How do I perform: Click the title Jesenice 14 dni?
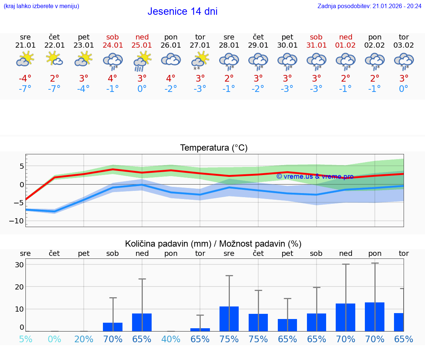pyautogui.click(x=182, y=11)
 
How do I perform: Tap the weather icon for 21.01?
pyautogui.click(x=25, y=59)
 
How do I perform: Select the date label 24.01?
pyautogui.click(x=113, y=45)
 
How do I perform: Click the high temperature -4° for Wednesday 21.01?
pyautogui.click(x=25, y=79)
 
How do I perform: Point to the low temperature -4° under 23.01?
pyautogui.click(x=84, y=89)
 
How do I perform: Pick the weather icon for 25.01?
pyautogui.click(x=142, y=61)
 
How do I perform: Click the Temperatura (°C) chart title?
pyautogui.click(x=214, y=148)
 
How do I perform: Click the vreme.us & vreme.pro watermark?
pyautogui.click(x=315, y=176)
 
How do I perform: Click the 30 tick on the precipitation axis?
pyautogui.click(x=19, y=265)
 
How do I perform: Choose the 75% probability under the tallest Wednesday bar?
pyautogui.click(x=229, y=339)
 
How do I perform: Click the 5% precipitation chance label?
pyautogui.click(x=25, y=339)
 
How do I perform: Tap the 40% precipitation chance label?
pyautogui.click(x=171, y=339)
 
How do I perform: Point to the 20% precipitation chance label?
pyautogui.click(x=84, y=339)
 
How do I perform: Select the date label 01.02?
pyautogui.click(x=346, y=45)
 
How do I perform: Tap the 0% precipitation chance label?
pyautogui.click(x=54, y=339)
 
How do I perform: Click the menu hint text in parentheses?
pyautogui.click(x=41, y=6)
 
